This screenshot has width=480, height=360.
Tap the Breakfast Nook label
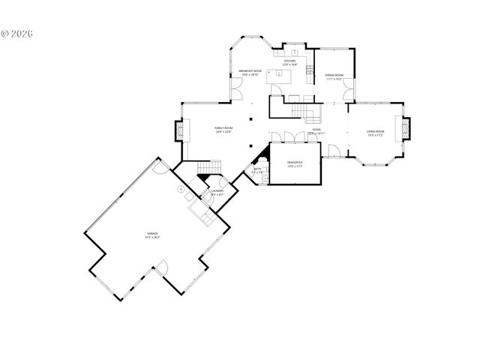click(x=250, y=72)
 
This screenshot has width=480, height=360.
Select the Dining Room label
click(x=334, y=76)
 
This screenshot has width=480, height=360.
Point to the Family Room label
click(x=223, y=130)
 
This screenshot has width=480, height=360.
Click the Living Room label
click(x=375, y=133)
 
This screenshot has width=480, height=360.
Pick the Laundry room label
click(x=217, y=193)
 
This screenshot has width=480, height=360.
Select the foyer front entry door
click(x=333, y=151)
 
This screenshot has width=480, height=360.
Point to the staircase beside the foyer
click(x=298, y=111)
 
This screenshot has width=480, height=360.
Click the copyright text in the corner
click(x=19, y=34)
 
